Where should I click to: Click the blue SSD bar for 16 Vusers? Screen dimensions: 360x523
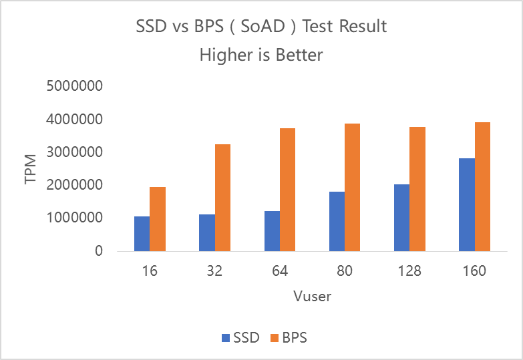[x=142, y=234]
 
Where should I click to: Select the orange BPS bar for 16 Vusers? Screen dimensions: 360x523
[x=158, y=219]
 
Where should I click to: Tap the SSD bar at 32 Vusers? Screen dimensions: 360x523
[x=207, y=232]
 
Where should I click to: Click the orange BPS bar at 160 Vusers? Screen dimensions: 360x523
[x=483, y=186]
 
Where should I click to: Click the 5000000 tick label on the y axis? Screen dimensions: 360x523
[x=74, y=87]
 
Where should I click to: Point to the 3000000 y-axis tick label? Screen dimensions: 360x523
[x=74, y=152]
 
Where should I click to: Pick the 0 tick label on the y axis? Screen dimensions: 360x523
[x=98, y=251]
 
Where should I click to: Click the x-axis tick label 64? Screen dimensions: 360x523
[x=280, y=272]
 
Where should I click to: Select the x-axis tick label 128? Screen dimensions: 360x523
[x=410, y=272]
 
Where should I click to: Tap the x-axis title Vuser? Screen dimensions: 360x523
[x=312, y=296]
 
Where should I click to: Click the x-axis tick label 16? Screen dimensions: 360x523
[x=150, y=272]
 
